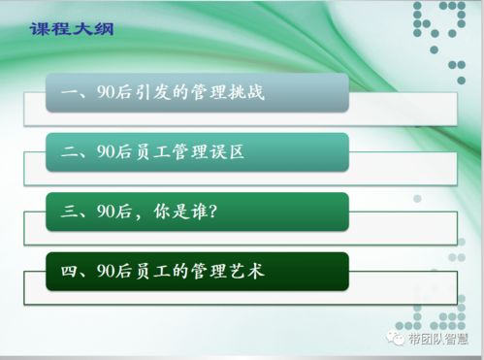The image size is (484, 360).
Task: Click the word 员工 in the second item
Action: (x=152, y=152)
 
